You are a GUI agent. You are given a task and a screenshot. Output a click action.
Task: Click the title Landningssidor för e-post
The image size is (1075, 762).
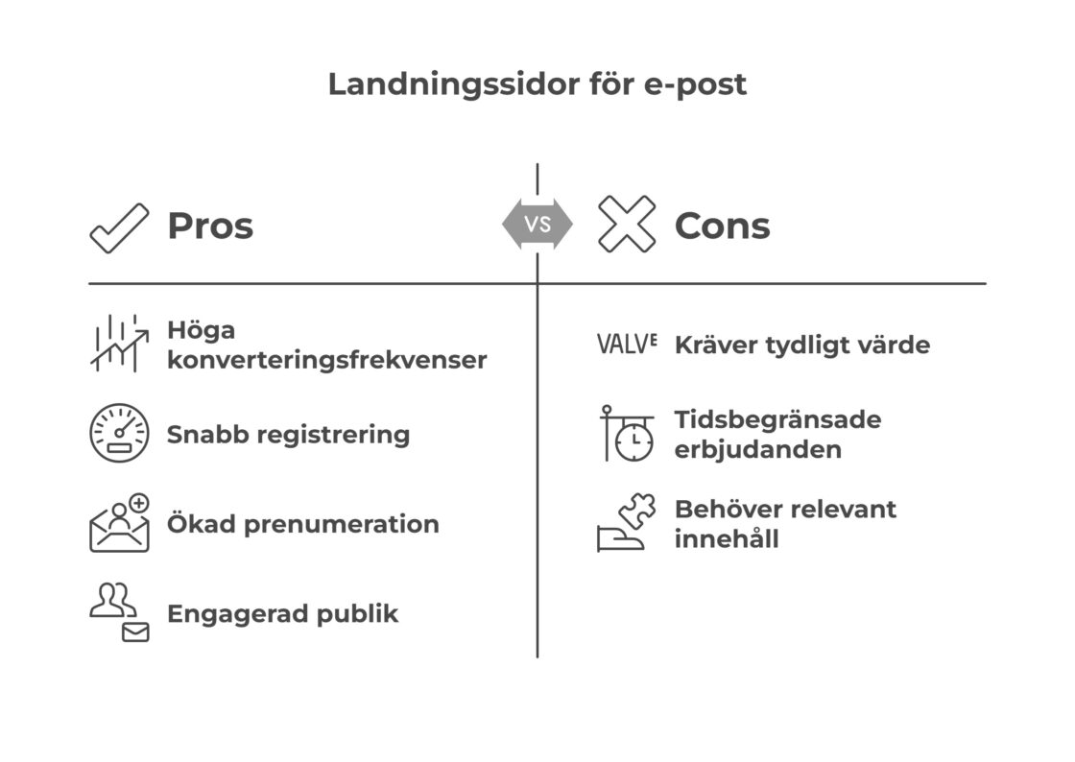click(x=537, y=84)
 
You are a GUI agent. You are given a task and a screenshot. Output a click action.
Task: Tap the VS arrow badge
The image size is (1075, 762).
click(x=537, y=226)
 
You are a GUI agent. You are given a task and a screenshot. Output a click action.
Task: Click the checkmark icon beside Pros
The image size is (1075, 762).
click(x=119, y=227)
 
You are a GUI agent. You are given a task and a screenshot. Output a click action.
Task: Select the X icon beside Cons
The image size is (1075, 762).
click(x=627, y=225)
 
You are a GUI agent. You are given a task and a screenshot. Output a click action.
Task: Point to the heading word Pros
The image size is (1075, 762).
click(x=210, y=226)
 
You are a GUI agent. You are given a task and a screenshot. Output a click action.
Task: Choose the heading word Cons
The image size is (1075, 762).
click(x=722, y=226)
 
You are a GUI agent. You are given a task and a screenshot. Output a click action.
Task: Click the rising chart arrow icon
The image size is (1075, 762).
click(x=119, y=344)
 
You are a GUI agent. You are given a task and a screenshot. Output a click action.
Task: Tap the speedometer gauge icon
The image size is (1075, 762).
click(x=119, y=434)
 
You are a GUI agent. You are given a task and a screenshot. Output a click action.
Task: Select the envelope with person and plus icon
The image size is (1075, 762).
click(x=120, y=524)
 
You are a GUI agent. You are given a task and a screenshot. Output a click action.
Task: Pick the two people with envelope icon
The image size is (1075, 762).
click(x=119, y=611)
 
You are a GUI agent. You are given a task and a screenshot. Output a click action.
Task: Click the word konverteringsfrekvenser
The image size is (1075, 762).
click(x=326, y=361)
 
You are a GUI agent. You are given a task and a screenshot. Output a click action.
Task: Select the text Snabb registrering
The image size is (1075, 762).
click(x=288, y=435)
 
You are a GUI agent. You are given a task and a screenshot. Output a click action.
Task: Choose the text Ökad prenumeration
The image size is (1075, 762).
click(x=302, y=525)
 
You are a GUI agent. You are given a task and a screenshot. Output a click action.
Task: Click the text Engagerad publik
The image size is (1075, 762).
click(x=282, y=613)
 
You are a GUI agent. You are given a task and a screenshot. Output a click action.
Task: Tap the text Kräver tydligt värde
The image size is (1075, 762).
click(x=801, y=345)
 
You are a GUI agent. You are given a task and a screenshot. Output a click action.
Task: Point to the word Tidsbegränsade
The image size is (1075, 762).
click(x=777, y=420)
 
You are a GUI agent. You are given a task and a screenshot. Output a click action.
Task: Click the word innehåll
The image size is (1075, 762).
click(x=727, y=539)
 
